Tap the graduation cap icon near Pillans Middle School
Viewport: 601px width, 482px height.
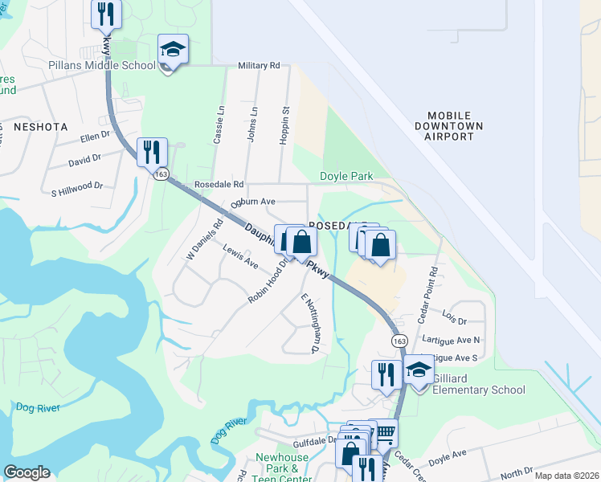[173, 51]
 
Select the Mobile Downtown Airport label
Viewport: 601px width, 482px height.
[449, 126]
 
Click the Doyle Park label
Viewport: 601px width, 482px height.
[347, 176]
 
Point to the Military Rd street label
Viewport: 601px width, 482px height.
[259, 66]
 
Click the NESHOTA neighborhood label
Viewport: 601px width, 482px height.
[39, 127]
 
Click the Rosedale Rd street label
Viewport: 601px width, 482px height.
[219, 184]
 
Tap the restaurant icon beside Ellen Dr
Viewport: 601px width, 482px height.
[151, 151]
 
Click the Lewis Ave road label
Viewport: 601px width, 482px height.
[240, 257]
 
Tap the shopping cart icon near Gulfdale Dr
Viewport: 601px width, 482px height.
[386, 433]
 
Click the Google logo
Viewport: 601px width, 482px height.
[27, 472]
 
